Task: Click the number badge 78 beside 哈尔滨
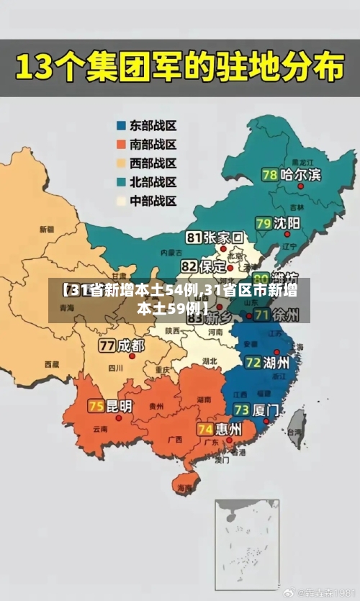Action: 270,175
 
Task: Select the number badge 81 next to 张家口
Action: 194,238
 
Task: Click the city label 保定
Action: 213,266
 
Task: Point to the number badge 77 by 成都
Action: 107,345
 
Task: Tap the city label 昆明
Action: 120,406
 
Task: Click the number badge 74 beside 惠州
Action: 205,429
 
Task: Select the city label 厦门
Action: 266,410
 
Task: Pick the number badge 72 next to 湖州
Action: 253,362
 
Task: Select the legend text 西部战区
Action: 153,163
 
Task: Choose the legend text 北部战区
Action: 153,182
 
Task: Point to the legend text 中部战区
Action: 153,201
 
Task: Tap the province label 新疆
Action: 47,230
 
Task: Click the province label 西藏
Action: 51,365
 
